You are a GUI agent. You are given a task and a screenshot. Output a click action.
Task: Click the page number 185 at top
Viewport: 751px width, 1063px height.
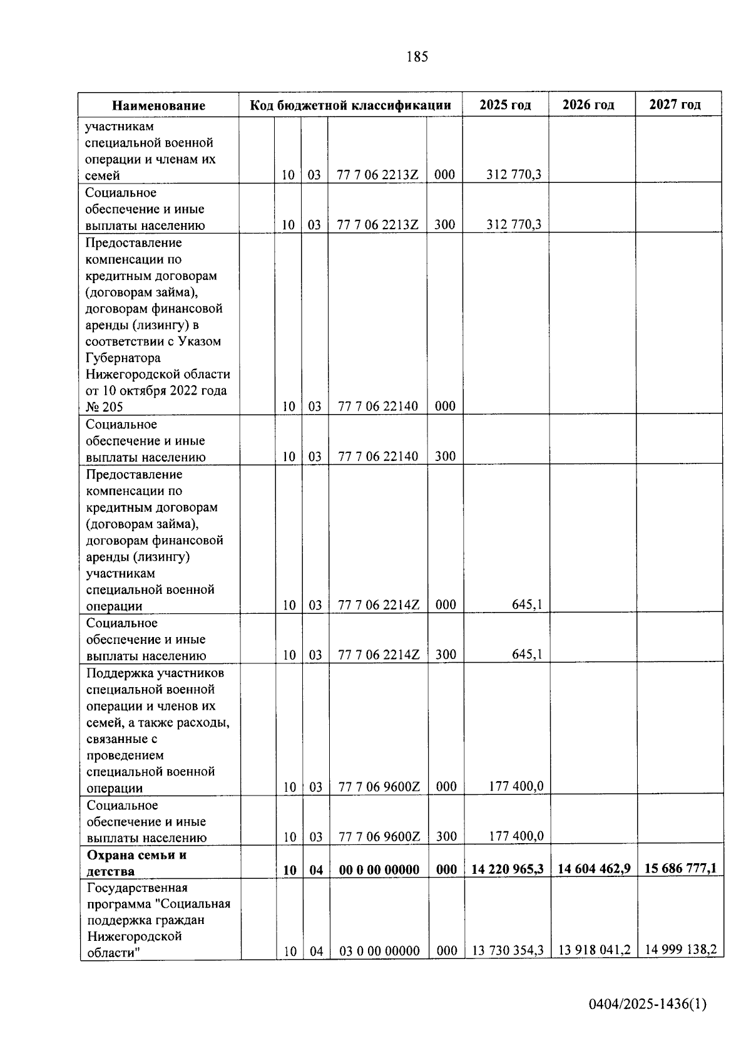pyautogui.click(x=417, y=57)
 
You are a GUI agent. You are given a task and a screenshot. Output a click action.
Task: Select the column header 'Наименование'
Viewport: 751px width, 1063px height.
pyautogui.click(x=158, y=105)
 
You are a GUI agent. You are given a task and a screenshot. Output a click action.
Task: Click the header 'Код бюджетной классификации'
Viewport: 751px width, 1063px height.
pyautogui.click(x=350, y=105)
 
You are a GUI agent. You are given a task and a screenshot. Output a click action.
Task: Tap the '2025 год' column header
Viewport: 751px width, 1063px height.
pyautogui.click(x=505, y=105)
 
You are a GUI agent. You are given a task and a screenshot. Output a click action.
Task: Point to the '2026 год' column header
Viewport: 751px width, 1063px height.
pyautogui.click(x=588, y=105)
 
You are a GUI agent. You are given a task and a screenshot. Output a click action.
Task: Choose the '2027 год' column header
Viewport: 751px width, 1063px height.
pyautogui.click(x=675, y=104)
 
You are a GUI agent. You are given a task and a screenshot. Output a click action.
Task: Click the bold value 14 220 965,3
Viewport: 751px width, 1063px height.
pyautogui.click(x=508, y=869)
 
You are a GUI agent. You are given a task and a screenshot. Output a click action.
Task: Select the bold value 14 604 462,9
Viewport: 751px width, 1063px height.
pyautogui.click(x=594, y=869)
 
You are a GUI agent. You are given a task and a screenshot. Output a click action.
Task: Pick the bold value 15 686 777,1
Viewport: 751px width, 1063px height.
pyautogui.click(x=680, y=868)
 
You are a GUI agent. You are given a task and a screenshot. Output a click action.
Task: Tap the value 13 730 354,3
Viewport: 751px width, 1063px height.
pyautogui.click(x=508, y=950)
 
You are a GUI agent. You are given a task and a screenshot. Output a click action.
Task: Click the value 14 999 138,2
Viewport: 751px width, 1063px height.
pyautogui.click(x=680, y=950)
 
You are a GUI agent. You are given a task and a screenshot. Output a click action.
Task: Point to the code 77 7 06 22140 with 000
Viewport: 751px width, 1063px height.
pyautogui.click(x=378, y=407)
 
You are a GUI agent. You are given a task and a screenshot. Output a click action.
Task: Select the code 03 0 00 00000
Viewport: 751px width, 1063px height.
pyautogui.click(x=379, y=951)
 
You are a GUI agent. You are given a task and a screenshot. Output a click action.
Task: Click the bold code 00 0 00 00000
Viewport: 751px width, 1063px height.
pyautogui.click(x=379, y=869)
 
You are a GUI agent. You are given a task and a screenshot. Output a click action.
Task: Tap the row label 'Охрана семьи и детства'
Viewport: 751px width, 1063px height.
pyautogui.click(x=136, y=863)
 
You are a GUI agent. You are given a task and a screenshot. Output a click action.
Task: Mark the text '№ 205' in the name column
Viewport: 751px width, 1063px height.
pyautogui.click(x=105, y=407)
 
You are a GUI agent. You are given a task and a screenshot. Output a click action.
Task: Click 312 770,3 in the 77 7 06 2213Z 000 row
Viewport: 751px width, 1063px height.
pyautogui.click(x=514, y=175)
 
